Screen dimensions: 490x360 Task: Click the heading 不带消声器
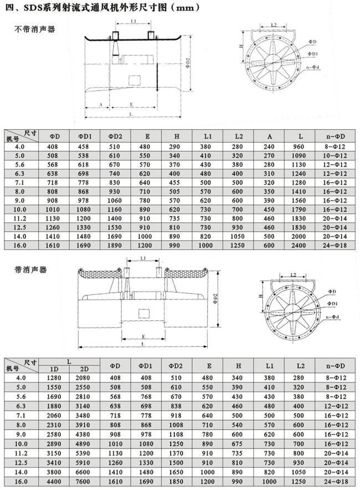34,29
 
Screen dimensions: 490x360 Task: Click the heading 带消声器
31,270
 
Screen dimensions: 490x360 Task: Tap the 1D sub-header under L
55,369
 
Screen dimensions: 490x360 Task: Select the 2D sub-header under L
85,369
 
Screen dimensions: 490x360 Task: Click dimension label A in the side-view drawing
100,104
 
